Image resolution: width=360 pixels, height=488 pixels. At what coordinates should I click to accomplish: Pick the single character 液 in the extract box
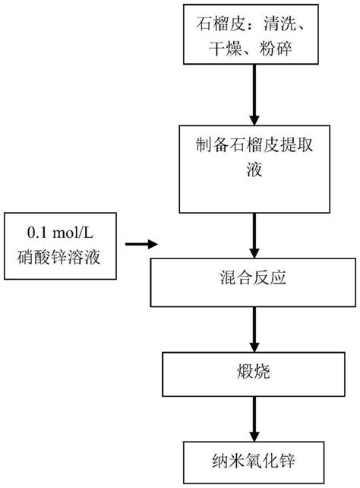(252, 170)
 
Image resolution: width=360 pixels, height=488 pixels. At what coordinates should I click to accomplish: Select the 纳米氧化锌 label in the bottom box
(252, 458)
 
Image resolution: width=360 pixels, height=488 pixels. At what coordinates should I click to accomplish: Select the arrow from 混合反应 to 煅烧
(252, 328)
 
